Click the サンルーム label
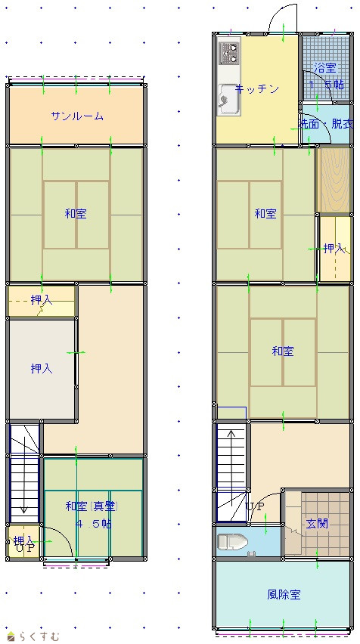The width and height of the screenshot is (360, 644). (77, 116)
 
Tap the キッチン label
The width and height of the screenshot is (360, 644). (257, 89)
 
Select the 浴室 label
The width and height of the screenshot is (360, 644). (325, 68)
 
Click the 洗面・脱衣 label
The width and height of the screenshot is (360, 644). (326, 125)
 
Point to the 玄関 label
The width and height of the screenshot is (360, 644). (317, 523)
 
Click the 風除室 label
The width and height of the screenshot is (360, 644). (284, 594)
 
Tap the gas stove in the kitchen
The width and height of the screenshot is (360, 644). (230, 53)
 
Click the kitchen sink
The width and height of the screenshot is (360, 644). (228, 98)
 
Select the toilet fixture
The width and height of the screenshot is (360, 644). (233, 542)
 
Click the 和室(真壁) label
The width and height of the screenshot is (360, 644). (92, 506)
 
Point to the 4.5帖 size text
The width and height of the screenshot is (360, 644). (94, 524)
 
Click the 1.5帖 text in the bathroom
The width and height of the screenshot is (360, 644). (327, 85)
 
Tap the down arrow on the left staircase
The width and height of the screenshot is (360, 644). (24, 472)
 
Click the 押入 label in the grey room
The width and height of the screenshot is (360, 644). (42, 369)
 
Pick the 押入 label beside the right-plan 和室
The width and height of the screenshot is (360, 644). (334, 248)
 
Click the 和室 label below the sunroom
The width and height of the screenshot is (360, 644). (76, 214)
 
